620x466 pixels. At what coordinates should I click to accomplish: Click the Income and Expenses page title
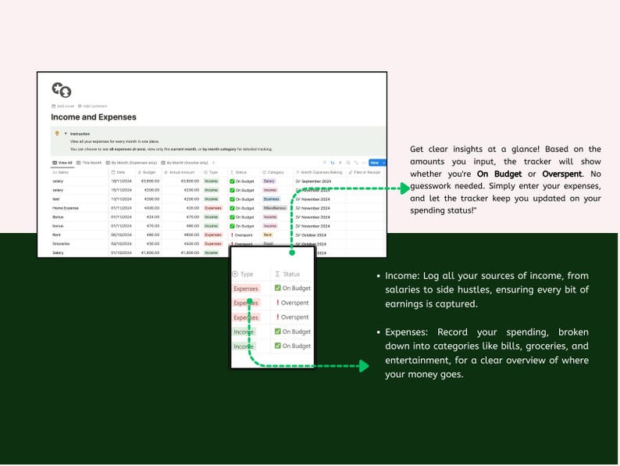click(x=94, y=117)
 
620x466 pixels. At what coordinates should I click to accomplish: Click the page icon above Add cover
click(x=61, y=91)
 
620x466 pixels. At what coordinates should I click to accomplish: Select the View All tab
click(x=62, y=163)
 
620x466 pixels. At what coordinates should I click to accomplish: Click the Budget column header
click(x=148, y=172)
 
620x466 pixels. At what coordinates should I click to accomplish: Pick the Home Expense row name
click(x=66, y=209)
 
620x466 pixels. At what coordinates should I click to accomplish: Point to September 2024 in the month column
click(x=322, y=181)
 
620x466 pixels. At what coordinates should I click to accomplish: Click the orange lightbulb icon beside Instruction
click(x=56, y=134)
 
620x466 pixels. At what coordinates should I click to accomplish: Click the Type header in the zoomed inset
click(x=246, y=274)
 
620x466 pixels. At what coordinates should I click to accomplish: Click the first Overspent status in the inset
click(x=294, y=303)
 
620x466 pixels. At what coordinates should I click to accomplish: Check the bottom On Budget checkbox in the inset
click(x=277, y=346)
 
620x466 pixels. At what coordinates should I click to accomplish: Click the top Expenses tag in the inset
click(x=245, y=289)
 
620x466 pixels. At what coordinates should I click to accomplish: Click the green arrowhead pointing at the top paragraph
click(x=404, y=188)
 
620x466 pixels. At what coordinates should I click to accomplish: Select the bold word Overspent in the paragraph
click(x=561, y=173)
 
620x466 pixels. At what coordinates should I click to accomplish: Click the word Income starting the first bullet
click(x=399, y=276)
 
